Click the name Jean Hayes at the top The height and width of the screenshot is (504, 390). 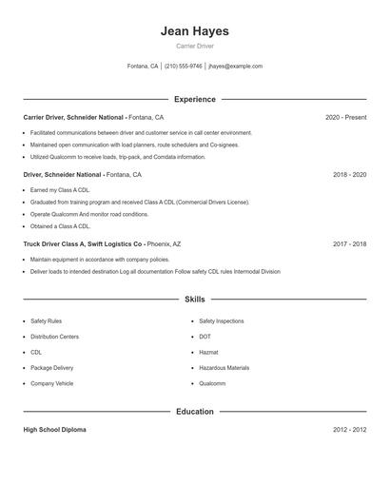coord(195,31)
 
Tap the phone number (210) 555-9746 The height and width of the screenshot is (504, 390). coord(184,67)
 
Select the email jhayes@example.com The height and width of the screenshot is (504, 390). coord(235,67)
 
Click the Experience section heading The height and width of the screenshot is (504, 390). coord(195,99)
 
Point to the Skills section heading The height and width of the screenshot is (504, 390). coord(195,300)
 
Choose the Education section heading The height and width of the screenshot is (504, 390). coord(195,412)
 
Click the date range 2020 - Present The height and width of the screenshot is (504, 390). coord(345,117)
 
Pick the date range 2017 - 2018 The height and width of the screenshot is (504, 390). coord(349,243)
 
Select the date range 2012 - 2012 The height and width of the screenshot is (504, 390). coord(349,430)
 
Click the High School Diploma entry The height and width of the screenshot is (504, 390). coord(54,430)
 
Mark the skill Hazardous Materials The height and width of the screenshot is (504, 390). coord(224,368)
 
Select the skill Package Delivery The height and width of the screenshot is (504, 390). coord(51,368)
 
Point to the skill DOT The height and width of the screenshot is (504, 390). coord(205,337)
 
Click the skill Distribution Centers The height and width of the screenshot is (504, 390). coord(54,337)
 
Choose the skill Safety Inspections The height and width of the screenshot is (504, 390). coord(222,321)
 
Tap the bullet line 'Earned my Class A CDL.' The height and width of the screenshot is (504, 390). coord(60,190)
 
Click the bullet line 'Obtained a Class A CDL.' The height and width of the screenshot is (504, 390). coord(60,226)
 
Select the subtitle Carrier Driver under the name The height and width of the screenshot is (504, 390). coord(195,47)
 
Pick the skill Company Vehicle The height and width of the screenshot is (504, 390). coord(51,383)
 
